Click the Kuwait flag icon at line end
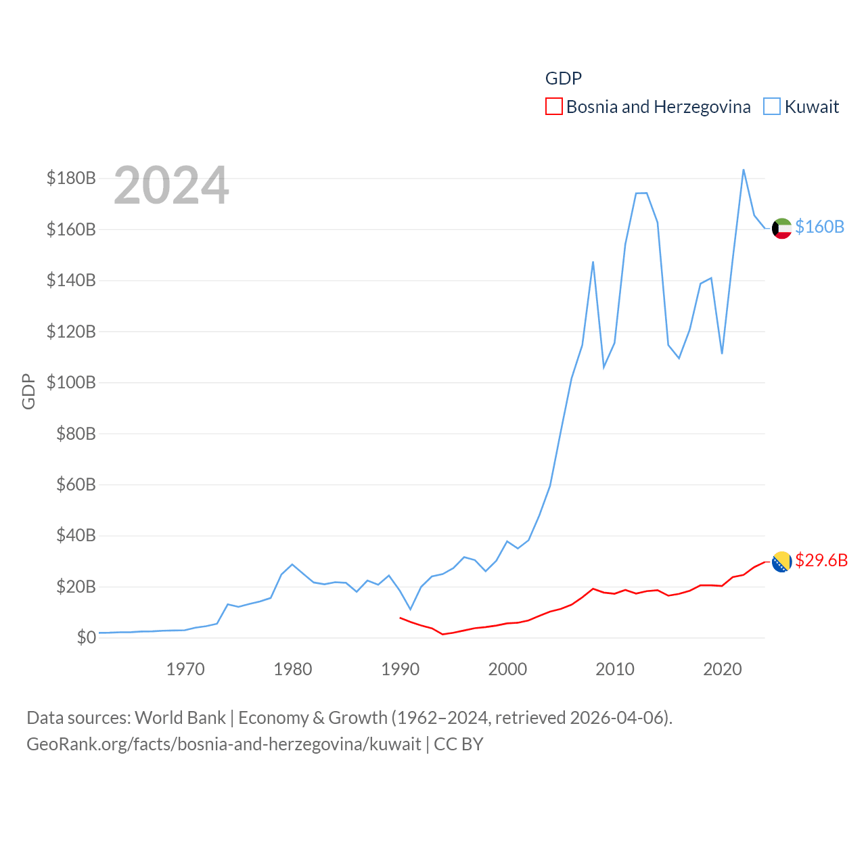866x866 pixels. click(x=781, y=229)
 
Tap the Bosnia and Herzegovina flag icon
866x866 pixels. click(x=781, y=562)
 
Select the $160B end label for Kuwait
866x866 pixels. click(x=819, y=227)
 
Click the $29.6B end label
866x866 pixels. click(x=821, y=560)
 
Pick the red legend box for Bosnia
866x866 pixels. click(x=553, y=107)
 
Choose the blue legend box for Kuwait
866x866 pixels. click(x=772, y=107)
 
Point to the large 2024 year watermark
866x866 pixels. click(x=171, y=185)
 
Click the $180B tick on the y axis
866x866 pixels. click(x=71, y=179)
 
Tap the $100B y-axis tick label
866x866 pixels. click(x=71, y=383)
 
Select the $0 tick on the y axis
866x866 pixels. click(x=86, y=638)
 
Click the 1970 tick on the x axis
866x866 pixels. click(x=185, y=670)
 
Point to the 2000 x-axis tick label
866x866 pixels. click(x=507, y=670)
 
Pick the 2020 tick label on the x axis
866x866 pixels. click(x=723, y=670)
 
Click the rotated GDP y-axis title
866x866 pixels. click(x=28, y=391)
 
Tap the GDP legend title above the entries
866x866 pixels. click(x=564, y=78)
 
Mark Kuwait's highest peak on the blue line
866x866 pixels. click(x=744, y=170)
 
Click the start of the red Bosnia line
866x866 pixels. click(x=400, y=618)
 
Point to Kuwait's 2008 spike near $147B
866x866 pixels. click(x=593, y=262)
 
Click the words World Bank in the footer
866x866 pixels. click(x=181, y=718)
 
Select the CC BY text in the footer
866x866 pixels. click(x=459, y=744)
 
